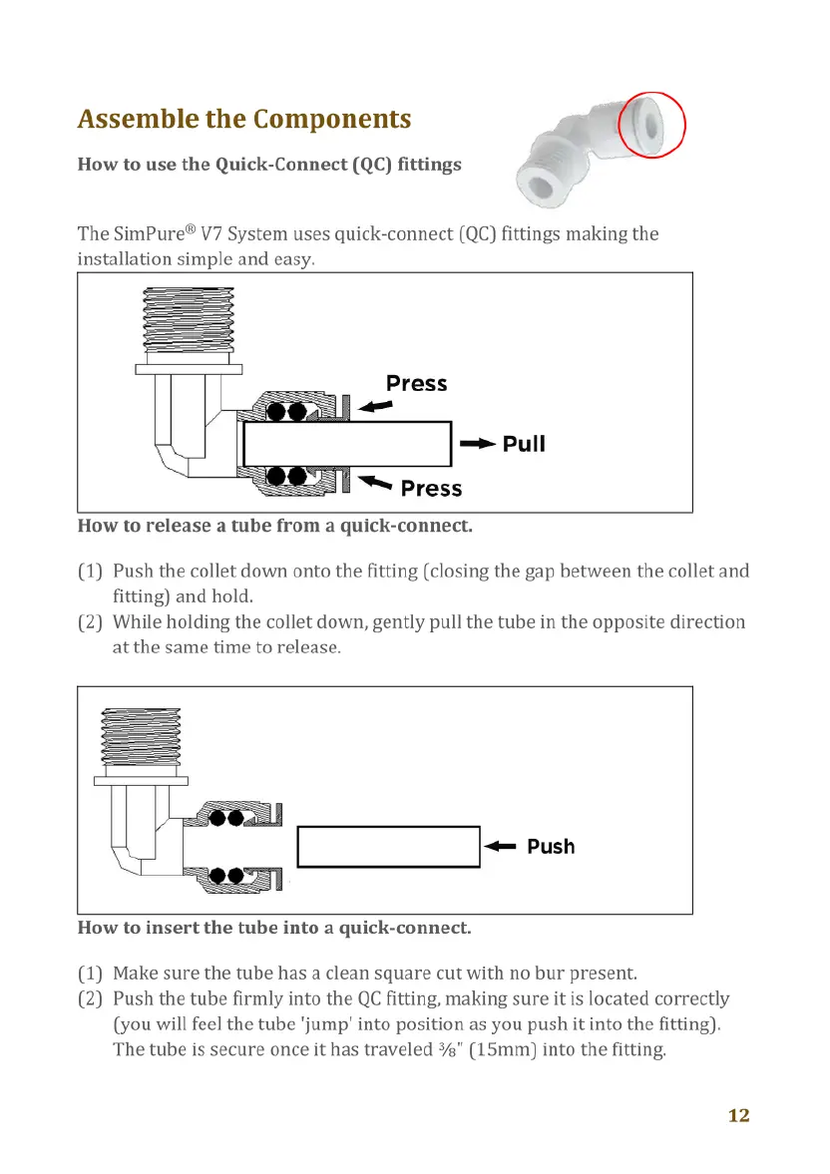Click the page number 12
click(x=738, y=1115)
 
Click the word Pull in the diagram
click(x=524, y=444)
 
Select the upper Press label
click(x=416, y=384)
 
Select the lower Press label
click(x=431, y=489)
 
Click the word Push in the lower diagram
click(x=551, y=847)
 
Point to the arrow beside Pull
click(x=478, y=444)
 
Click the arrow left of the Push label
click(x=500, y=847)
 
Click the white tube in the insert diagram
click(x=389, y=847)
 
